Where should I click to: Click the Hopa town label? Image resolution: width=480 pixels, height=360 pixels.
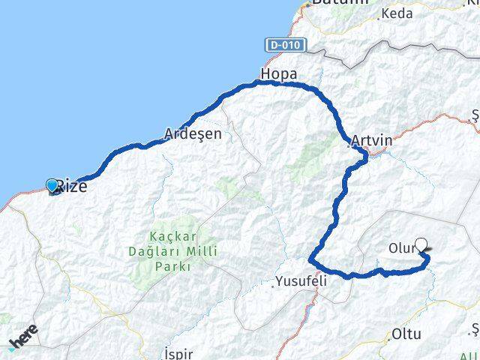pos(278,74)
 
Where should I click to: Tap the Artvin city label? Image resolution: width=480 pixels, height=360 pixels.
pos(371,140)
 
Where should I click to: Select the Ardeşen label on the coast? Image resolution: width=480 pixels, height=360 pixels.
pos(193,135)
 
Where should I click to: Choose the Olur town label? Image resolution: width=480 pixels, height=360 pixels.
pos(401,248)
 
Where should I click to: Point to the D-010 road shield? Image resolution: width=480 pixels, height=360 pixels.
pos(285,45)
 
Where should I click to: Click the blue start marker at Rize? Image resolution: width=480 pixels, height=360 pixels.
pos(52,185)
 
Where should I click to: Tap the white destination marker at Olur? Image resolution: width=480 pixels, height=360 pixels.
pos(421,244)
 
